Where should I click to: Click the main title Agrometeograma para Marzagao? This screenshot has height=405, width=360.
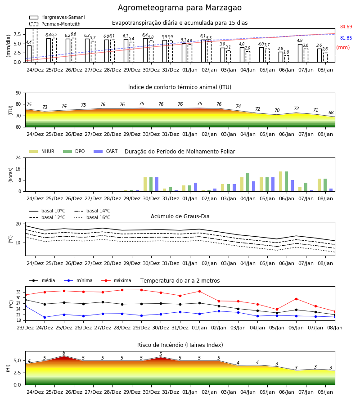pyautogui.click(x=180, y=8)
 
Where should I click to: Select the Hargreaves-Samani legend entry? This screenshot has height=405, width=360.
pyautogui.click(x=57, y=17)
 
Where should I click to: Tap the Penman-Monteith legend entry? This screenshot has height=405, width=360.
pyautogui.click(x=55, y=24)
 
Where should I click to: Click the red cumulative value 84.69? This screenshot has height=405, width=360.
pyautogui.click(x=346, y=27)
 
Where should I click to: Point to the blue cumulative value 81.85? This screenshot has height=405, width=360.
pyautogui.click(x=346, y=38)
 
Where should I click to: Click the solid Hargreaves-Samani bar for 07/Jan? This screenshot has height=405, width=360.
pyautogui.click(x=300, y=53)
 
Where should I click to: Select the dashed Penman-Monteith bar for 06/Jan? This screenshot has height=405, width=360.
pyautogui.click(x=287, y=59)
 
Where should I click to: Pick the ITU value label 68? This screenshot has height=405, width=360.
pyautogui.click(x=331, y=112)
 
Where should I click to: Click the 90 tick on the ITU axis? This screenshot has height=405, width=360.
pyautogui.click(x=18, y=93)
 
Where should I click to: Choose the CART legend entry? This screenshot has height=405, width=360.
pyautogui.click(x=106, y=151)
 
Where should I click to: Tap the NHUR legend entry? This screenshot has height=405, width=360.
pyautogui.click(x=42, y=151)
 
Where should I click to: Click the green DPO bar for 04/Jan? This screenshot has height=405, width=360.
pyautogui.click(x=248, y=182)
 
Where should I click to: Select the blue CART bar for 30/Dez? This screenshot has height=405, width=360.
pyautogui.click(x=157, y=184)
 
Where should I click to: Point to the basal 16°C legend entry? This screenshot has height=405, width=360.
pyautogui.click(x=92, y=217)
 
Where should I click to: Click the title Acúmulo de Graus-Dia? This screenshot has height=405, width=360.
pyautogui.click(x=180, y=216)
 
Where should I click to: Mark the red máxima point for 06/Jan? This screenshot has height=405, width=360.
pyautogui.click(x=296, y=299)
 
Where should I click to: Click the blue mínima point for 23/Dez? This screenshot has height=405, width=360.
pyautogui.click(x=26, y=306)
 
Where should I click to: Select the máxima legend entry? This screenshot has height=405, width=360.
pyautogui.click(x=117, y=280)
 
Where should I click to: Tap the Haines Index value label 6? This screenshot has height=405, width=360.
pyautogui.click(x=64, y=353)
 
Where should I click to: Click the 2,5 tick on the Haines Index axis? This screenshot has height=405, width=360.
pyautogui.click(x=18, y=373)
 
